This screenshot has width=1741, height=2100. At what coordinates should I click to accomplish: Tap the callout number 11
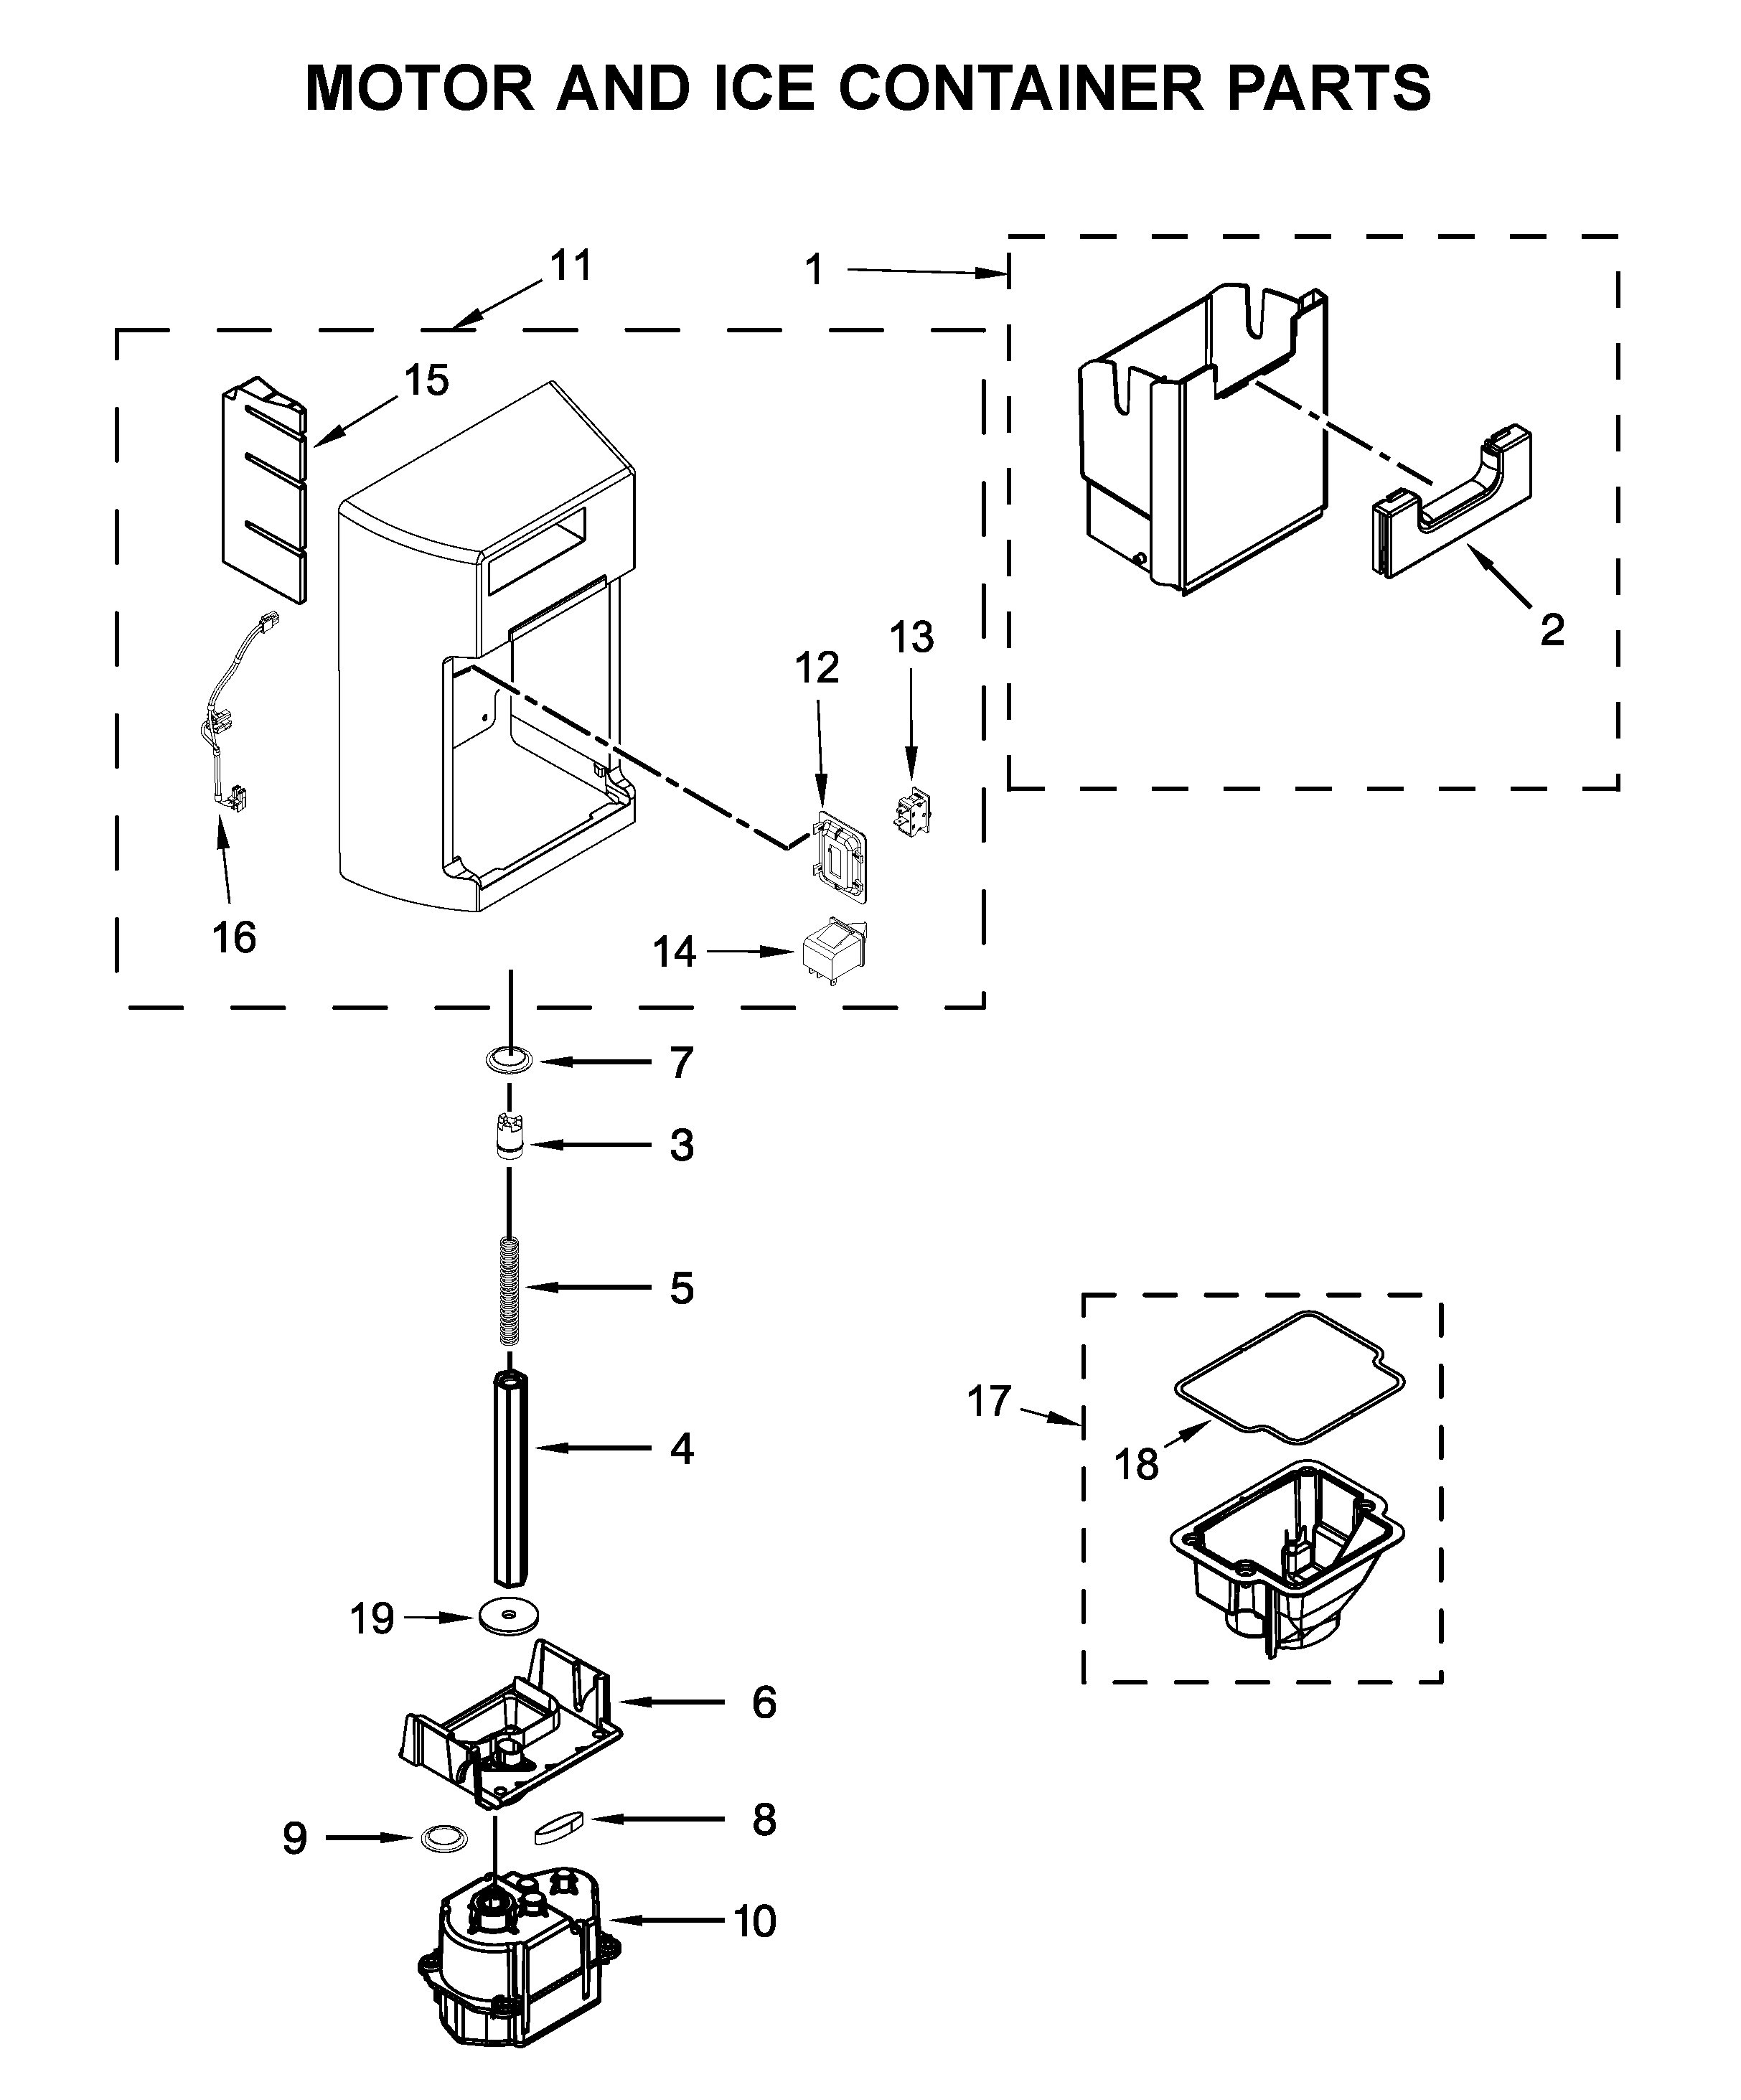[571, 266]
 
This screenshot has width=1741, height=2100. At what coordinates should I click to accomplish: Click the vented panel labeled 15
[263, 490]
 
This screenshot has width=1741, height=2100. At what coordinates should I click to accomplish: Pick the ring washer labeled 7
[510, 1059]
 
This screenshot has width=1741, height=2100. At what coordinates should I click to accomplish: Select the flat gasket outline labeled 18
[1290, 1378]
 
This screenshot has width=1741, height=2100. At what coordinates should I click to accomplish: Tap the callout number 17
[989, 1401]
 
